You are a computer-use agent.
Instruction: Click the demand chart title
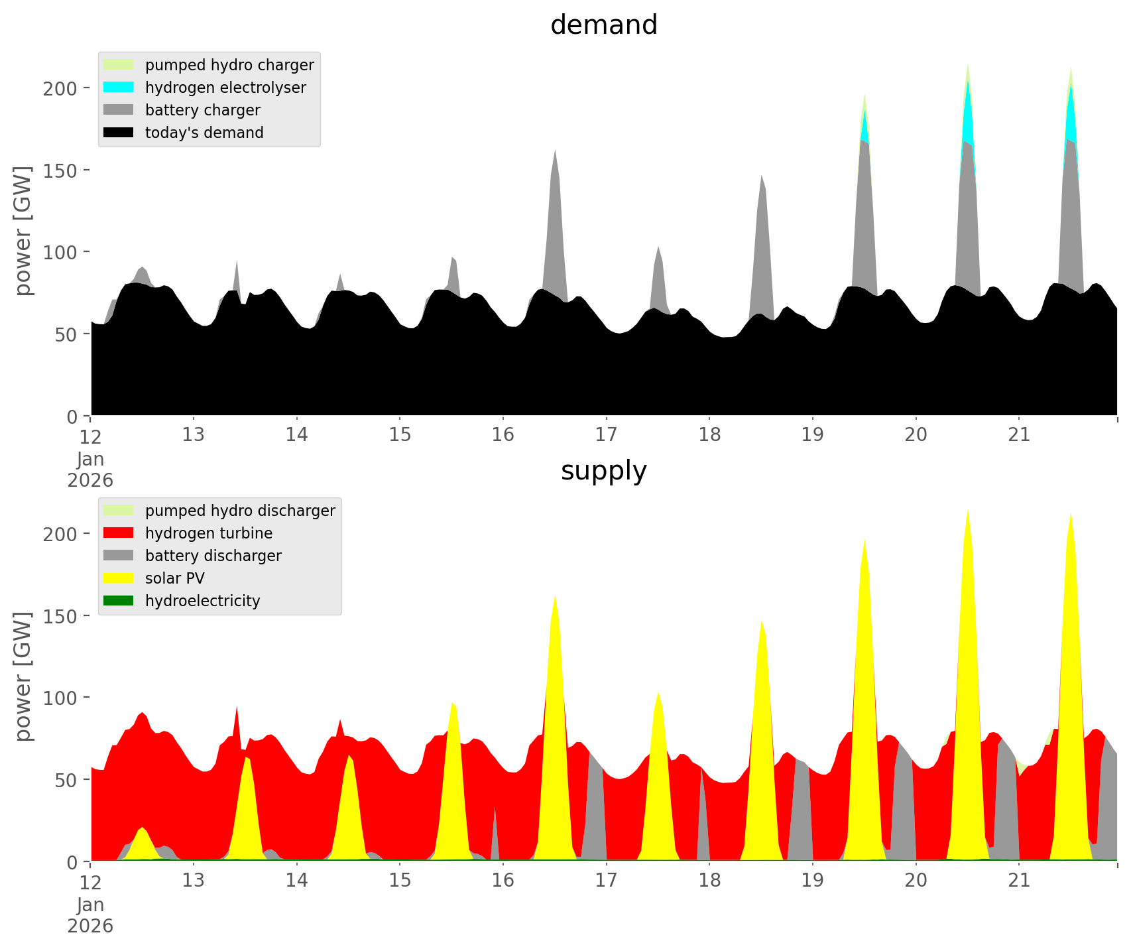(x=603, y=25)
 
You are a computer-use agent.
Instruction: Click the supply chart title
(x=603, y=471)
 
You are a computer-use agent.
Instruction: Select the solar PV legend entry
(x=174, y=578)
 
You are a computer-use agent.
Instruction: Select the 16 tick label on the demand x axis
(x=503, y=435)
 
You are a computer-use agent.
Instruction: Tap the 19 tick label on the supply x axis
(x=812, y=881)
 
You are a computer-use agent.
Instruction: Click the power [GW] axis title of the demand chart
(x=23, y=231)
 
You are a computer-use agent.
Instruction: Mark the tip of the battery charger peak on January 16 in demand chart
(x=555, y=149)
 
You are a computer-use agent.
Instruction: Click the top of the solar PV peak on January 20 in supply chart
(x=968, y=509)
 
